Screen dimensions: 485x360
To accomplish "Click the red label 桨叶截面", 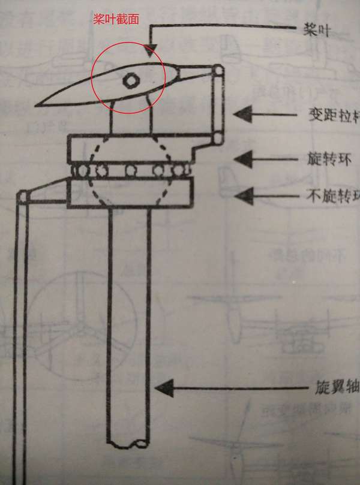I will tap(116, 19).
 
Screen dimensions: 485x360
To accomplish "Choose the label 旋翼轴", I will tap(336, 387).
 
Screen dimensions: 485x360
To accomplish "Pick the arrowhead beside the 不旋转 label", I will tap(242, 194).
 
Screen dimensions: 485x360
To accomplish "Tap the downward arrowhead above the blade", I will tap(151, 46).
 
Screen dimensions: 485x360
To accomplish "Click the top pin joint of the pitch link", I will tap(218, 72).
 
